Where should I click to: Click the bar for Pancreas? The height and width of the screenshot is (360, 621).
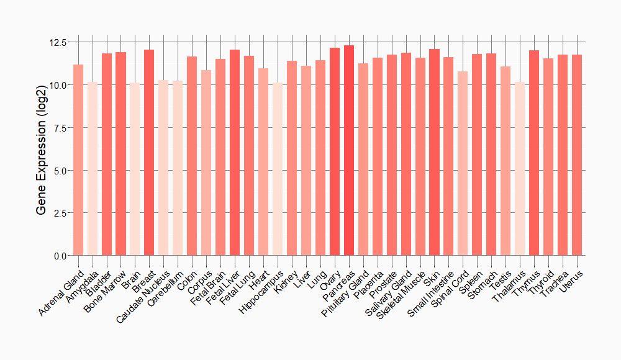[x=349, y=150]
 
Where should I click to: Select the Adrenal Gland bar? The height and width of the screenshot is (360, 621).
[x=78, y=160]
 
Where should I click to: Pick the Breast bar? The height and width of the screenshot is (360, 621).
[x=149, y=152]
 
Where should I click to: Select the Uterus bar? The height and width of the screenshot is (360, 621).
[x=577, y=155]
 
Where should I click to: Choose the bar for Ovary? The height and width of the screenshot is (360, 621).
[x=335, y=151]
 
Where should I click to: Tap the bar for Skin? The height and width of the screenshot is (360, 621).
[x=434, y=152]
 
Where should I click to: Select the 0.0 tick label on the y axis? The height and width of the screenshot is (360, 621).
[x=57, y=256]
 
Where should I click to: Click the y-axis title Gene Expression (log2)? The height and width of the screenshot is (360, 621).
[x=42, y=149]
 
